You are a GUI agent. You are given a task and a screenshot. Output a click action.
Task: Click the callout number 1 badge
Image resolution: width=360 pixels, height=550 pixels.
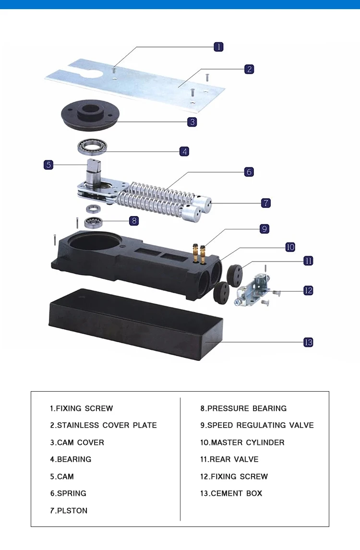tap(218, 47)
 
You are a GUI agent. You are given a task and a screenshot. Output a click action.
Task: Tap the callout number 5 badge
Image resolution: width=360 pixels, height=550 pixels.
tap(48, 165)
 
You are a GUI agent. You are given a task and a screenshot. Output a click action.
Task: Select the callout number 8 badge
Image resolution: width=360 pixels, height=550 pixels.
tap(134, 221)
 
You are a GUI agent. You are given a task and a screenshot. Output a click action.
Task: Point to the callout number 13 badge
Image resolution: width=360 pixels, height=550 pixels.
tap(308, 342)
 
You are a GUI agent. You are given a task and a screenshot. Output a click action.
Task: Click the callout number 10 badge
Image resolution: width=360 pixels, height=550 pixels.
tap(290, 247)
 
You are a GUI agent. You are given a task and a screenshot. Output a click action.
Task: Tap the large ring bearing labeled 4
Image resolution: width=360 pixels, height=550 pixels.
tap(93, 146)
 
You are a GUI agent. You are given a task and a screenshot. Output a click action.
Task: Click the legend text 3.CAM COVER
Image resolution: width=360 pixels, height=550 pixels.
tap(77, 442)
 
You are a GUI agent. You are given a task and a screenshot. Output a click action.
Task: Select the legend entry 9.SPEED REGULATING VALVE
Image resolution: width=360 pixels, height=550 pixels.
tap(257, 425)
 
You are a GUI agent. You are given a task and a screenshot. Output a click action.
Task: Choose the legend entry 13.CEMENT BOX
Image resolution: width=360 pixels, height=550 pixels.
tap(231, 493)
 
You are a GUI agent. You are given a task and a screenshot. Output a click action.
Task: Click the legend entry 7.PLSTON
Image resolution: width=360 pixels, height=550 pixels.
tap(69, 511)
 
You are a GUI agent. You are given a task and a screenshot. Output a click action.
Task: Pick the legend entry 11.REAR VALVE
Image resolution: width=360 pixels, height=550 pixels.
tap(229, 459)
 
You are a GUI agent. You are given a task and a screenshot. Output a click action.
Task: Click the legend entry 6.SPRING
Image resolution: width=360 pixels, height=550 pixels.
tap(68, 493)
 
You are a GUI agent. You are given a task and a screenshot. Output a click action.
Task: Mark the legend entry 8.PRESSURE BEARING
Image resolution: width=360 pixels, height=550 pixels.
tap(243, 408)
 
